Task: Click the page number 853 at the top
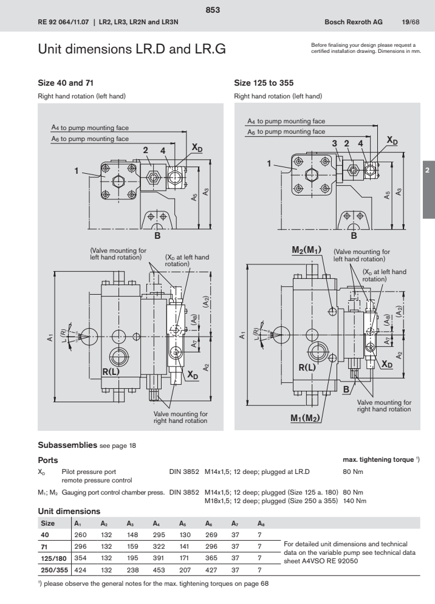coord(217,10)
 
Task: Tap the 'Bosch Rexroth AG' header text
coord(351,22)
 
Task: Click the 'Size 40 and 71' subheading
coord(66,81)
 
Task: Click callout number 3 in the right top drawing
coord(334,142)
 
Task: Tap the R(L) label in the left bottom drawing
coord(113,371)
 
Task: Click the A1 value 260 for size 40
coord(80,534)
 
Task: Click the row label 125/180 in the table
coord(53,558)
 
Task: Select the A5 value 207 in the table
coord(185,570)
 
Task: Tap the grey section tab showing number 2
coord(428,172)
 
